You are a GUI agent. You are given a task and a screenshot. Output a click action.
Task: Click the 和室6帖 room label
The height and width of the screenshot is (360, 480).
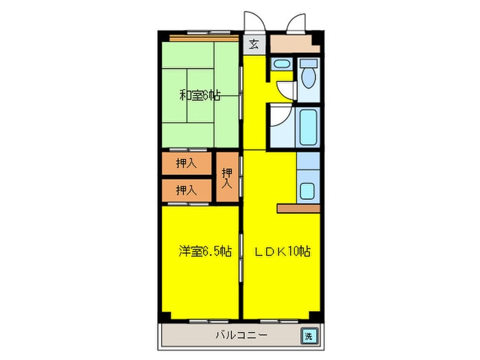pyautogui.click(x=200, y=95)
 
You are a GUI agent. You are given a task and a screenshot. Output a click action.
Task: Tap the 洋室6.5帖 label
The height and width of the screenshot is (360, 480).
pyautogui.click(x=204, y=252)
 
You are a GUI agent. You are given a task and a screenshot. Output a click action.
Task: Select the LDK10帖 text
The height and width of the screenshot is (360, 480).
pyautogui.click(x=283, y=252)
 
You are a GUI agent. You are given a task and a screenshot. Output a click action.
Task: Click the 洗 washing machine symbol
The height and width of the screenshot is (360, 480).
pyautogui.click(x=309, y=336)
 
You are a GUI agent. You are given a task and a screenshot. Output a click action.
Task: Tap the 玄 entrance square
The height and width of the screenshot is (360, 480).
pyautogui.click(x=254, y=45)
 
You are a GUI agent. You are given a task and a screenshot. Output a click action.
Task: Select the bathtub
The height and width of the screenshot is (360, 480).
pyautogui.click(x=308, y=128)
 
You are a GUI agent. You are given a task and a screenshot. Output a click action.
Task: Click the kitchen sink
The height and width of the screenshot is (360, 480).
pyautogui.click(x=309, y=191)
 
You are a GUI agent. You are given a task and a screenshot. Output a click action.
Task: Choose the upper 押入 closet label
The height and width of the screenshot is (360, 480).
pyautogui.click(x=184, y=163)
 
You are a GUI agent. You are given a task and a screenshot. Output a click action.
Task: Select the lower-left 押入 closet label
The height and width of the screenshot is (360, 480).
pyautogui.click(x=184, y=189)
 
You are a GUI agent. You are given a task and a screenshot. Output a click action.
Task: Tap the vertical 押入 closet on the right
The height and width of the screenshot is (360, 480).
pyautogui.click(x=228, y=177)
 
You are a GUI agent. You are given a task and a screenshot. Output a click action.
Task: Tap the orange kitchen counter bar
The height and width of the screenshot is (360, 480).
pyautogui.click(x=298, y=208)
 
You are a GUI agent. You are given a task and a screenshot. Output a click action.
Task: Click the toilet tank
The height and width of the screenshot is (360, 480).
pyautogui.click(x=309, y=63)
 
